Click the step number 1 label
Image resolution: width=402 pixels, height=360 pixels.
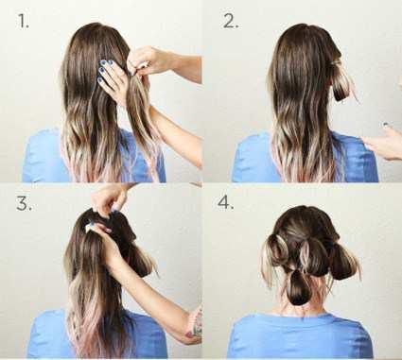coord(24,22)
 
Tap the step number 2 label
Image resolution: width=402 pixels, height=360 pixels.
coord(231,22)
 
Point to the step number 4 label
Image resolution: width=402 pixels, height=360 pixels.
coord(226,202)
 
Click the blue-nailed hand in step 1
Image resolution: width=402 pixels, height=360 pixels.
coord(110,78)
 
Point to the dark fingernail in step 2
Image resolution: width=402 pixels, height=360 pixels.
coord(385,125)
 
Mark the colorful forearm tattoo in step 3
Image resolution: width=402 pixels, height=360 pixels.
coord(196,323)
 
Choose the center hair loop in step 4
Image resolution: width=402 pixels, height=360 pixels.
coord(312,257)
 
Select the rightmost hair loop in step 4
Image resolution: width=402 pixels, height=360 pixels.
coord(343,262)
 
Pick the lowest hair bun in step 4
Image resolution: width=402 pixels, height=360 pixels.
coord(298,288)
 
